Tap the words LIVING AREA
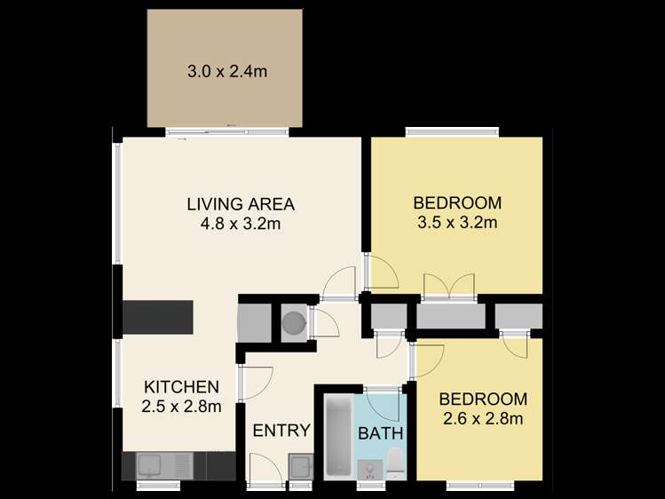(x=240, y=204)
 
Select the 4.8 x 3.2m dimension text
(x=240, y=224)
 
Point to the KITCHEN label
(x=181, y=387)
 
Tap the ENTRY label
(x=281, y=432)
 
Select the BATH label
(x=381, y=434)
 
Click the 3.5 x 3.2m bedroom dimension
(x=457, y=222)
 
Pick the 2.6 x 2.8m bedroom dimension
(x=484, y=418)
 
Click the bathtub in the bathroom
(x=338, y=437)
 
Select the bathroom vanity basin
(x=367, y=468)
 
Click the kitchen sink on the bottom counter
(x=149, y=464)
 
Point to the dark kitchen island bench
(x=157, y=317)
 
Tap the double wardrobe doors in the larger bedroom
(x=450, y=287)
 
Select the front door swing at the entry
(x=266, y=467)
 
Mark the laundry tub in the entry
(x=300, y=465)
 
